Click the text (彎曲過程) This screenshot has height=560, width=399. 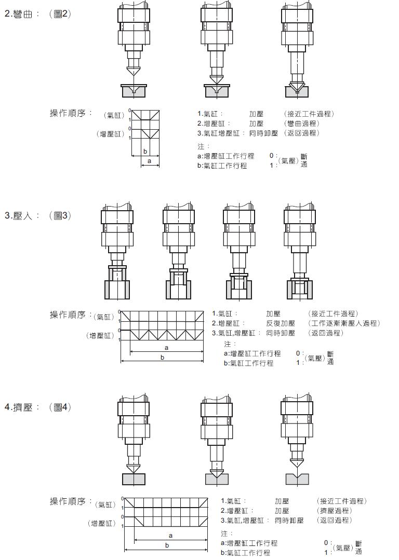tap(302, 124)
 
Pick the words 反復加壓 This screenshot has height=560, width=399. tap(281, 323)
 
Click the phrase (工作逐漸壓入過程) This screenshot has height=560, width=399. tap(343, 323)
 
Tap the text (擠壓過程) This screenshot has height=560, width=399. tap(334, 511)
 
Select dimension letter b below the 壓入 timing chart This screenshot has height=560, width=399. tap(163, 358)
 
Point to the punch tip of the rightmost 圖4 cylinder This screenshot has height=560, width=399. tap(297, 466)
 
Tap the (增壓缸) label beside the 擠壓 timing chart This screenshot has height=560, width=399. tap(102, 523)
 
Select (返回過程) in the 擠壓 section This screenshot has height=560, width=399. tap(334, 520)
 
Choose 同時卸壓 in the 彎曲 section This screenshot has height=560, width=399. tap(263, 133)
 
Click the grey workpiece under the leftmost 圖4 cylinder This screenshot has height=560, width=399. tap(134, 479)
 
